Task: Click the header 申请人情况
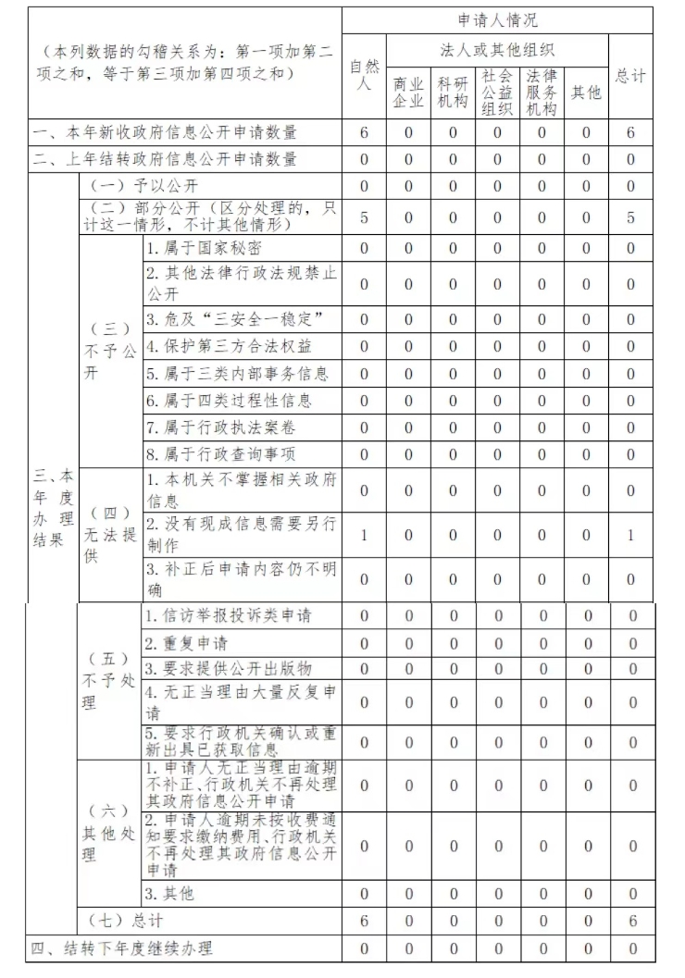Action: tap(497, 20)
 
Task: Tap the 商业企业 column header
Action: tap(408, 93)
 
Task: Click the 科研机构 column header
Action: tap(453, 93)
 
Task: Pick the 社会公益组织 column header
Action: tap(497, 93)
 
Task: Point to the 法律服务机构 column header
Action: tap(542, 93)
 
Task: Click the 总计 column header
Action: tap(630, 76)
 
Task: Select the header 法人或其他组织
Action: tap(497, 49)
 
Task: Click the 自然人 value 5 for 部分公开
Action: tap(364, 217)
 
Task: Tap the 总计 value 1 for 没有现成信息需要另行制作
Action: tap(630, 535)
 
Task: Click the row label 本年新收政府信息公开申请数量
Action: tap(167, 133)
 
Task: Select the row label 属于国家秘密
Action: tap(204, 248)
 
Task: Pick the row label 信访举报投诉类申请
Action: tap(228, 615)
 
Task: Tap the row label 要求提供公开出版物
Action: tap(228, 668)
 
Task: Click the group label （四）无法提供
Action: tap(109, 535)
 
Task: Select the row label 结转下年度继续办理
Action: tap(120, 948)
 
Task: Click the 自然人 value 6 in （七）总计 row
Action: tap(364, 921)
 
